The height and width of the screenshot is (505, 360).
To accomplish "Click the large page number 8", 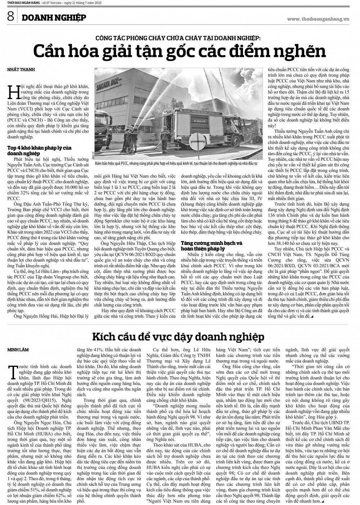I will tap(9, 17).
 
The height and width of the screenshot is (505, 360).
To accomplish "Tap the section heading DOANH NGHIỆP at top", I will tap(53, 18).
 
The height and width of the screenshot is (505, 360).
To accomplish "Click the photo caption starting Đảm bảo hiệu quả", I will tap(176, 164).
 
